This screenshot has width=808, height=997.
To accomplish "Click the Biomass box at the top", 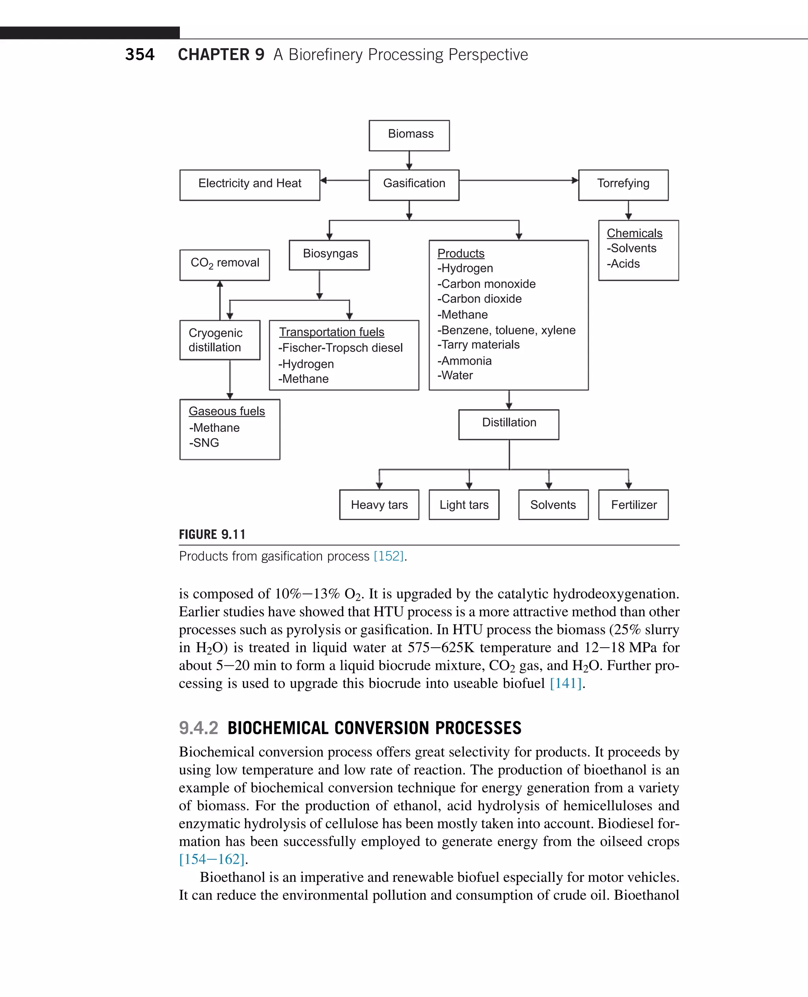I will click(409, 135).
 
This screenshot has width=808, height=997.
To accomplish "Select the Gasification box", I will click(414, 184).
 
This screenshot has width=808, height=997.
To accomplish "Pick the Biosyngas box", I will click(329, 254).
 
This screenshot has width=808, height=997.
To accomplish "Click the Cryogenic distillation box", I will click(220, 339).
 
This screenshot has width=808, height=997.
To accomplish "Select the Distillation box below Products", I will click(508, 424).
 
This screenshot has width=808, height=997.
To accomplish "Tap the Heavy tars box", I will click(379, 504).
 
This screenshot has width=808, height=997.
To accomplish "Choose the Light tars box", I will click(464, 504).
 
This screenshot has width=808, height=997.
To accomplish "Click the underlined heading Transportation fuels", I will click(331, 332).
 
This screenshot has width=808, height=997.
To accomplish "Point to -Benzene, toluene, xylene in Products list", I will click(507, 330).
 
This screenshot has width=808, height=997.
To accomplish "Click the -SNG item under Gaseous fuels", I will click(204, 443).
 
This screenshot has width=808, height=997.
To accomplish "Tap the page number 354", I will click(140, 54).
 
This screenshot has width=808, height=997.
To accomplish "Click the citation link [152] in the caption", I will click(388, 556).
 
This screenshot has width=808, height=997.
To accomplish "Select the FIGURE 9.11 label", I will click(212, 534).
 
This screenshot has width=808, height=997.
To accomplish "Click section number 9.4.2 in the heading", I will click(198, 728).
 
